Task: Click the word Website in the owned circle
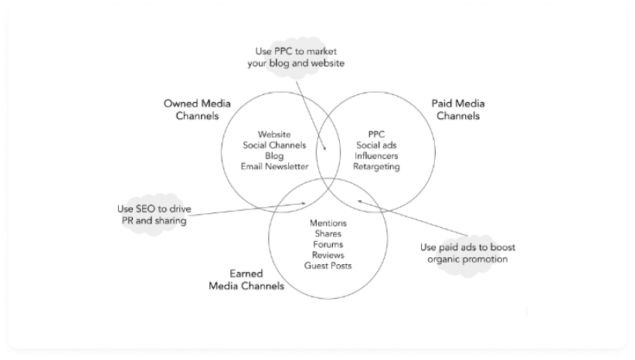coord(274,134)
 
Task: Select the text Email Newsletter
coord(274,166)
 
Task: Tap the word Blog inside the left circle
coord(274,155)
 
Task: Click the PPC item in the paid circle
coord(377,134)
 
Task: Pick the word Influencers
coord(377,155)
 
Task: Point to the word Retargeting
coord(377,166)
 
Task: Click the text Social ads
coord(377,145)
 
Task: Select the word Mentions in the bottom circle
coord(328,223)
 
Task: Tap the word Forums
coord(328,244)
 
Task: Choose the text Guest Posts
coord(328,265)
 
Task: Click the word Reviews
coord(328,255)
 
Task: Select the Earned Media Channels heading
coord(246,280)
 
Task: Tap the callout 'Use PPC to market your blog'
coord(296,57)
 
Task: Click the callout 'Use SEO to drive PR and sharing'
coord(153,215)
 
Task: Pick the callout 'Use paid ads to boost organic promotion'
coord(467,253)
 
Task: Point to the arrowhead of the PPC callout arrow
coord(337,151)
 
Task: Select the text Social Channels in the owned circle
coord(274,145)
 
